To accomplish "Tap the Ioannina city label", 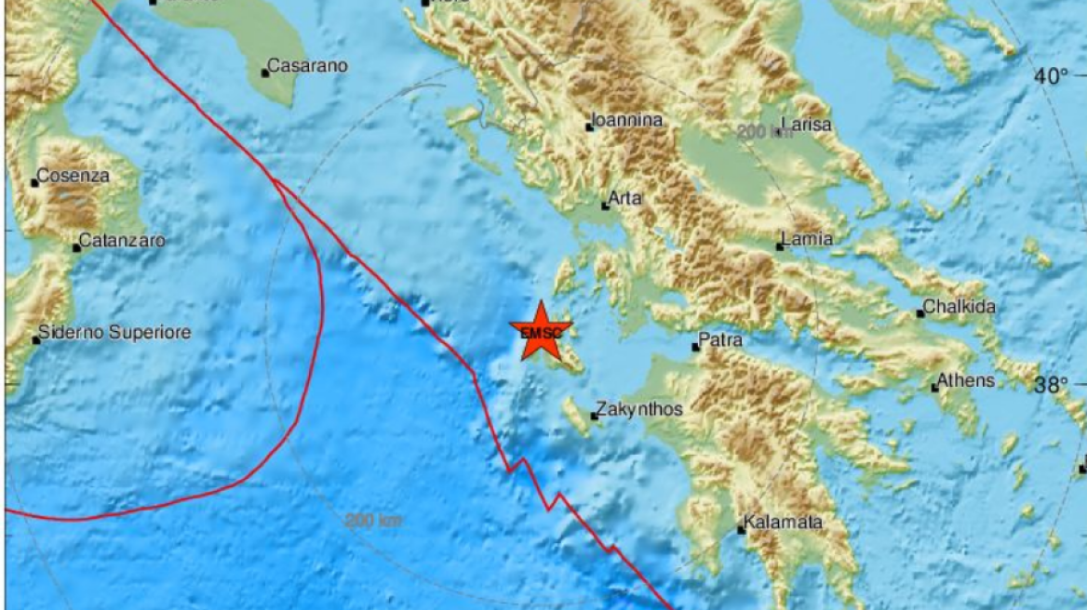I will click(x=628, y=120).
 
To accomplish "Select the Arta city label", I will click(x=625, y=198).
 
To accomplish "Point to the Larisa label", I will click(x=806, y=124).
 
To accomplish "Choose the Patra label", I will click(x=721, y=340).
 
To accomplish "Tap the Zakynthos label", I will click(x=641, y=409).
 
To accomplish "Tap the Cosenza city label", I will click(x=74, y=176).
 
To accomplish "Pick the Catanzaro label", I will click(x=122, y=241).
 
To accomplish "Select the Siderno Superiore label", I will click(x=114, y=332).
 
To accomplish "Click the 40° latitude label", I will click(x=1051, y=76).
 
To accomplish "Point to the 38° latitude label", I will click(x=1069, y=385).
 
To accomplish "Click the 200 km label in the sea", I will click(x=373, y=521).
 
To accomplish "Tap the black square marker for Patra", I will click(x=695, y=348).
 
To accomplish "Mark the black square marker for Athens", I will click(x=934, y=388).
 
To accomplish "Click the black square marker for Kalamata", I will click(x=741, y=530).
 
